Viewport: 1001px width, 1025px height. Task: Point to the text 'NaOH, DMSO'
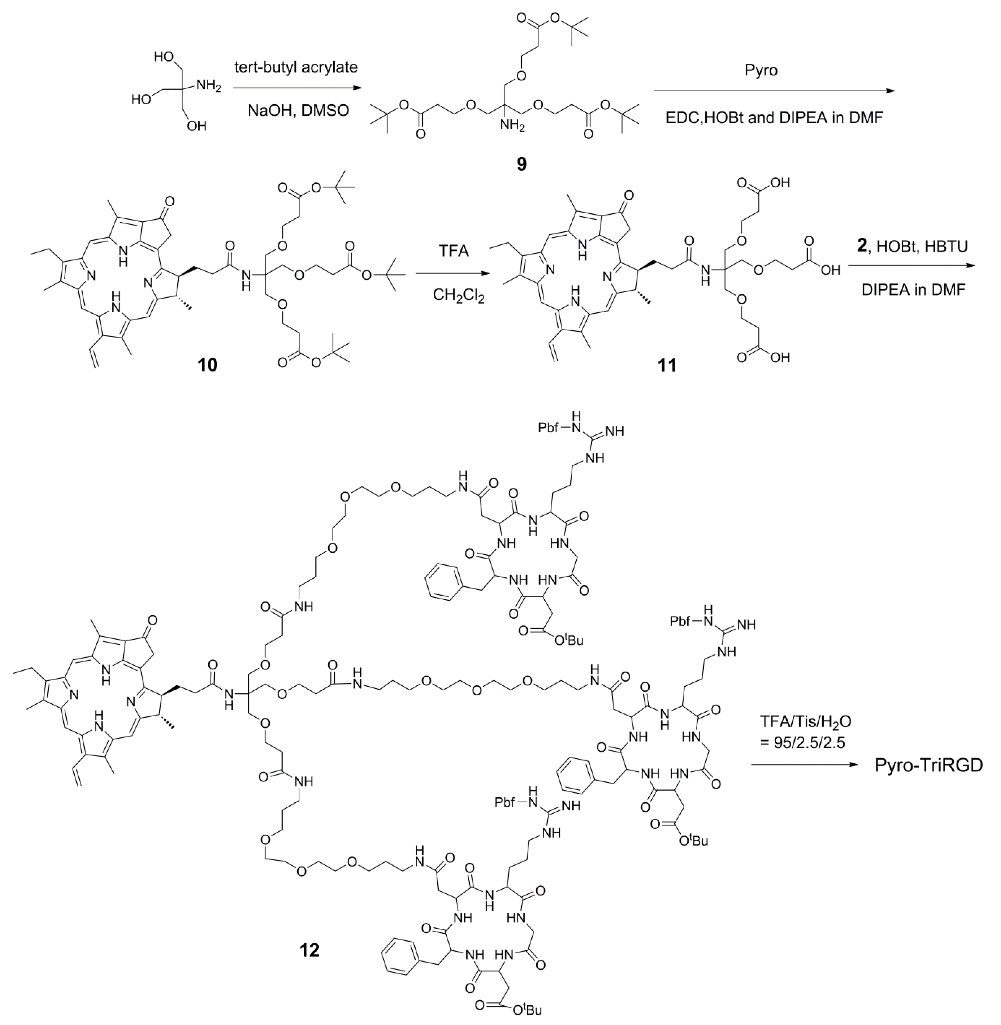point(296,111)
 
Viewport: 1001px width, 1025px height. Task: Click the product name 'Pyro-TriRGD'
point(928,765)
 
